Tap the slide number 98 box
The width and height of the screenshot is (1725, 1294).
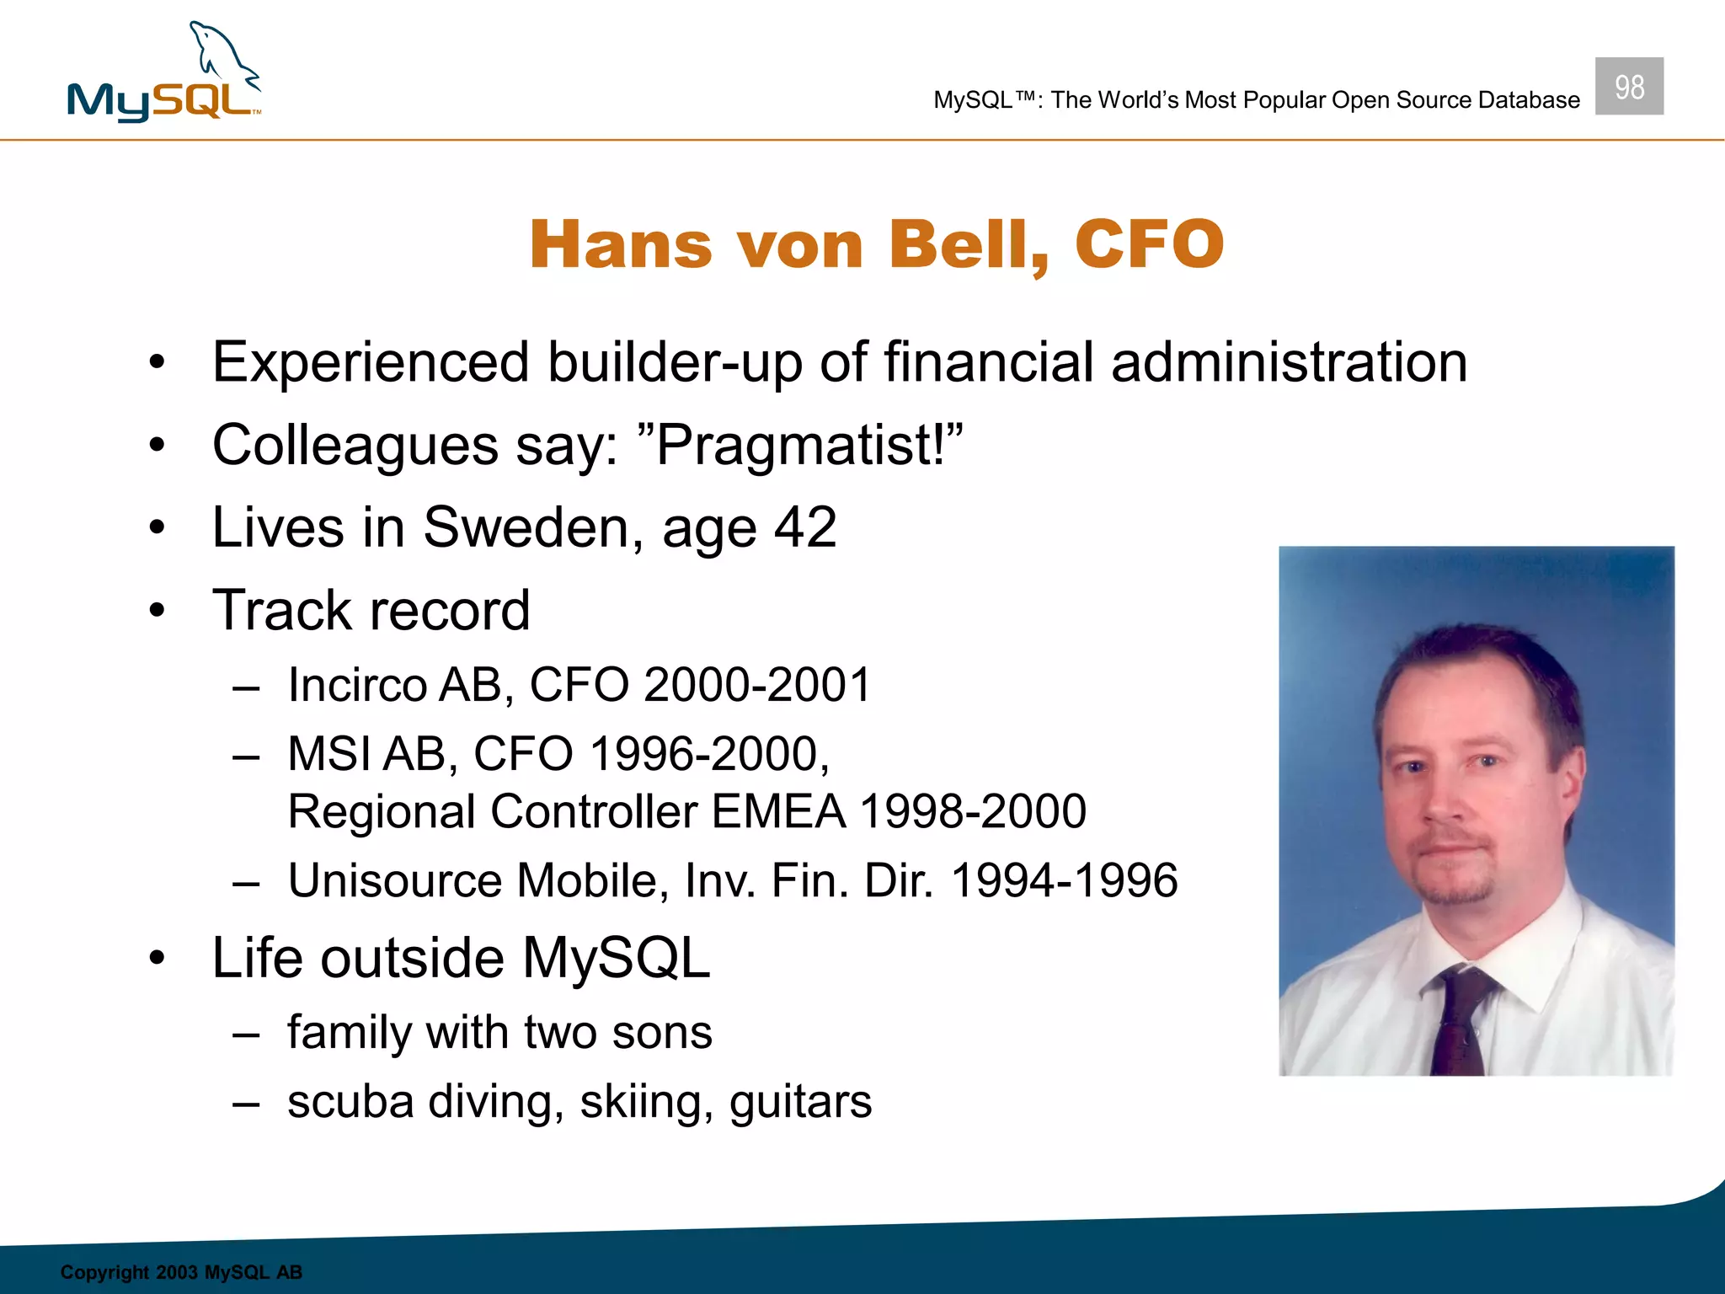point(1628,87)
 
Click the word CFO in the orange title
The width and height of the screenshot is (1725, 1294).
point(1149,245)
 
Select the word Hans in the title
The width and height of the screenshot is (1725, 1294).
point(621,245)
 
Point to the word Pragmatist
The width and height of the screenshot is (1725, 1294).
point(800,445)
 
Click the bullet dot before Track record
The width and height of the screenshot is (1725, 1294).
point(157,611)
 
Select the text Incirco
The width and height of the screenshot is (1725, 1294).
point(357,685)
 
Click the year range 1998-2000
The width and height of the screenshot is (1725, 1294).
point(973,812)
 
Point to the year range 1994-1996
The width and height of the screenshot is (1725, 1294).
point(1064,881)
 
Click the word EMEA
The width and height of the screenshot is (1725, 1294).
point(778,812)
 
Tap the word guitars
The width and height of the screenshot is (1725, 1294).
point(800,1102)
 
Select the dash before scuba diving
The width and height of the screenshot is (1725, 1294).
point(245,1104)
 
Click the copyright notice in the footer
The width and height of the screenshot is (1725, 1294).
point(181,1272)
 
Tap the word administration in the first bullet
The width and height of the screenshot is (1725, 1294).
point(1289,363)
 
